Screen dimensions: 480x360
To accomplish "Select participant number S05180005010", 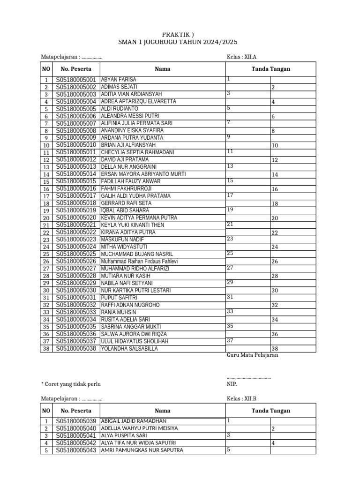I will [76, 145].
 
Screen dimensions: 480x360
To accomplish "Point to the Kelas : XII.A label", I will [241, 57].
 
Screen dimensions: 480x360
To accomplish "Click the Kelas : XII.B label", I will [241, 398].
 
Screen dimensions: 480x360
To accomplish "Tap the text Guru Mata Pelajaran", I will [253, 355].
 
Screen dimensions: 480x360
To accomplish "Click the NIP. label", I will [232, 384].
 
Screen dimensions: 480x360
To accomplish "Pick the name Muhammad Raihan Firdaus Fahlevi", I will [139, 262].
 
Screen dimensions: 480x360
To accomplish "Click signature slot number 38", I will [275, 349].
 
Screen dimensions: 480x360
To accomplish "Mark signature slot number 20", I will [275, 218].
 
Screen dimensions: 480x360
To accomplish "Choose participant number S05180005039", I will [76, 421].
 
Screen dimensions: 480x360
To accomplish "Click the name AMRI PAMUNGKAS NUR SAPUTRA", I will [142, 450].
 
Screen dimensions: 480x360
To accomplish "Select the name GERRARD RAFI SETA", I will [126, 203].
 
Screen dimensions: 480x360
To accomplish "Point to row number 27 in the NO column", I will [46, 269].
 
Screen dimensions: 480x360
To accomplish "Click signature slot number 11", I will [230, 152].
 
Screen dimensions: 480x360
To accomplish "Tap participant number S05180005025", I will [76, 254].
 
